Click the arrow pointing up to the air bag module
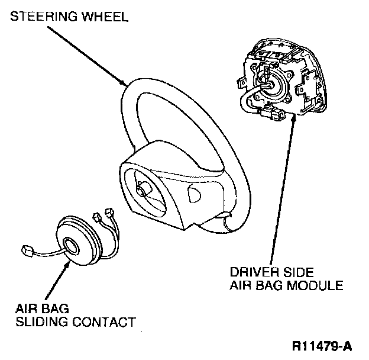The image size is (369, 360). point(291,189)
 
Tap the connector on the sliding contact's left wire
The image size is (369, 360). point(25,249)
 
